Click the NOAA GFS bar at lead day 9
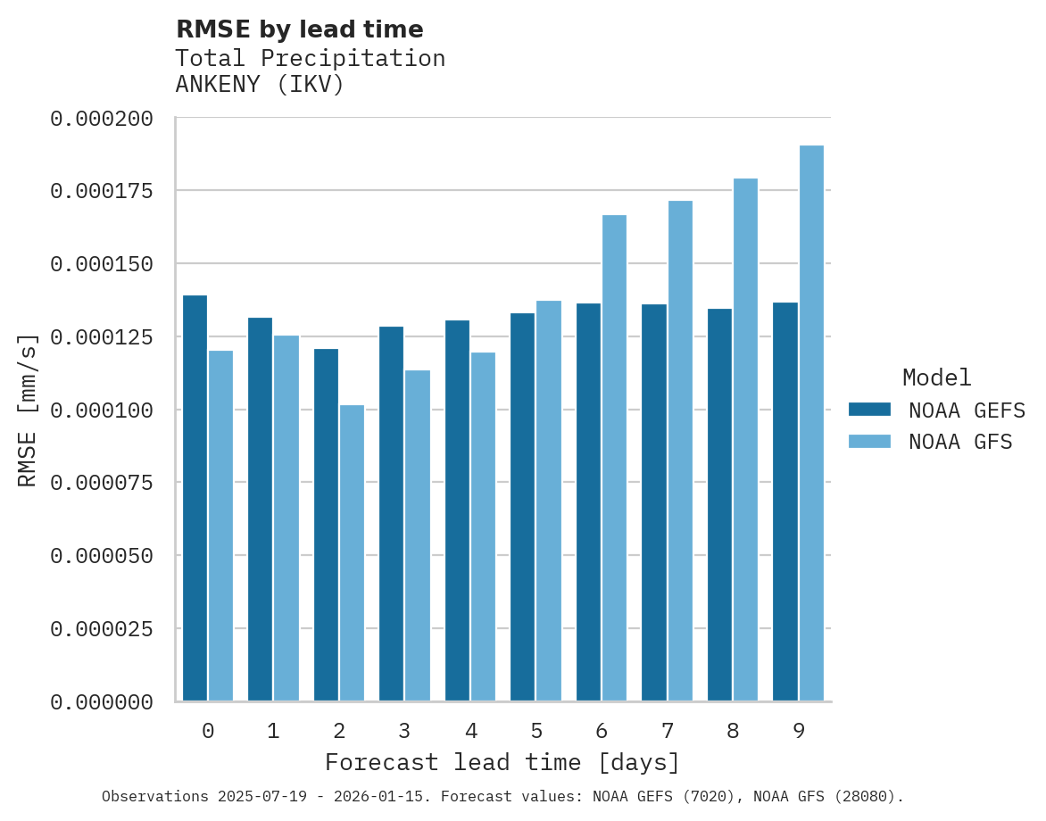(811, 423)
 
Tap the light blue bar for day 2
(352, 553)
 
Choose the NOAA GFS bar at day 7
(680, 451)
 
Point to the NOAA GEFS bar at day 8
(719, 505)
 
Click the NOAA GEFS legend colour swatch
(869, 410)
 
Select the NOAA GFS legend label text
(960, 442)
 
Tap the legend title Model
(936, 377)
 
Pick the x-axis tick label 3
(404, 731)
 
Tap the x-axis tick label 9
(799, 731)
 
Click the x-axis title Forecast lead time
(502, 763)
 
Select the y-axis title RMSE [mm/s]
(28, 410)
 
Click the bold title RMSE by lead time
(299, 29)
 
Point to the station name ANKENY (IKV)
(259, 85)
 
